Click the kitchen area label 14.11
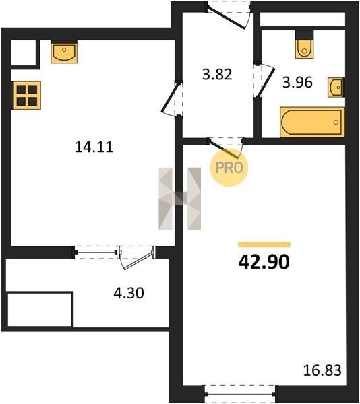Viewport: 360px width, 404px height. pyautogui.click(x=94, y=147)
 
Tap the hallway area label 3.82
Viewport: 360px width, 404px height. pyautogui.click(x=217, y=75)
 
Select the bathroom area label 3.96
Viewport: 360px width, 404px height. pyautogui.click(x=297, y=82)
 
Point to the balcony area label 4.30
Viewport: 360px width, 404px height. pyautogui.click(x=129, y=293)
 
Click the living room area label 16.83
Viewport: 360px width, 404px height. pyautogui.click(x=322, y=370)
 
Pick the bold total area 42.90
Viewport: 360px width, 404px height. pyautogui.click(x=264, y=262)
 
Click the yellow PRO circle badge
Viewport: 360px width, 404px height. pyautogui.click(x=229, y=168)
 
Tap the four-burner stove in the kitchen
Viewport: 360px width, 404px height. pyautogui.click(x=27, y=96)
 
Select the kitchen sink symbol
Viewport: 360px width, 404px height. pyautogui.click(x=64, y=53)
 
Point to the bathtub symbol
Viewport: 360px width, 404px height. pyautogui.click(x=312, y=122)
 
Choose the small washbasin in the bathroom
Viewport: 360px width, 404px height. pyautogui.click(x=336, y=88)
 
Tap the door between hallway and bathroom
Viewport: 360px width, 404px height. pyautogui.click(x=264, y=80)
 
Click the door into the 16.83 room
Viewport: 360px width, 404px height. pyautogui.click(x=226, y=148)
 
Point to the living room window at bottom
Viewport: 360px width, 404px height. pyautogui.click(x=240, y=394)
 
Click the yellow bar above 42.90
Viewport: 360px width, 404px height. pyautogui.click(x=264, y=244)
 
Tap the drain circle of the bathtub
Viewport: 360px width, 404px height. pyautogui.click(x=336, y=123)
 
